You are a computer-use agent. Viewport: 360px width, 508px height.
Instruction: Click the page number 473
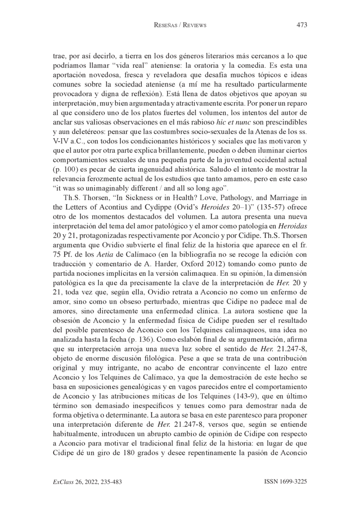click(301, 25)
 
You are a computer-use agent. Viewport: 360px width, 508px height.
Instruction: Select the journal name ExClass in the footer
click(64, 481)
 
